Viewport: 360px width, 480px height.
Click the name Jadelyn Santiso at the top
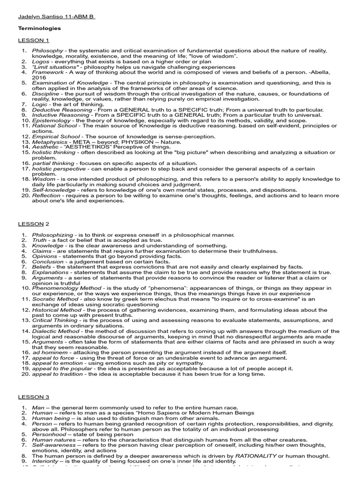[43, 17]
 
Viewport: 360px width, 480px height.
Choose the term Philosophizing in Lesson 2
[52, 234]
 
